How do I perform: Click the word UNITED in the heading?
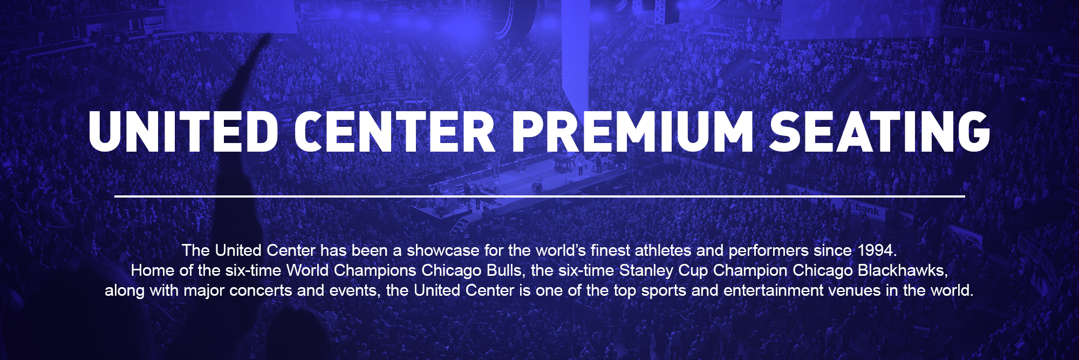tap(183, 132)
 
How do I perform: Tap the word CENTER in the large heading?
tap(395, 132)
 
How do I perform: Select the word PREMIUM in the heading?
tap(633, 132)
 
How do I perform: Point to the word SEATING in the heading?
tap(880, 132)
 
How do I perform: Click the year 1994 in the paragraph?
tap(876, 250)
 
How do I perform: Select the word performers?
tap(768, 250)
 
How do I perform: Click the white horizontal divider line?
tap(539, 196)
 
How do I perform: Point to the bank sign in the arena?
tap(867, 209)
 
